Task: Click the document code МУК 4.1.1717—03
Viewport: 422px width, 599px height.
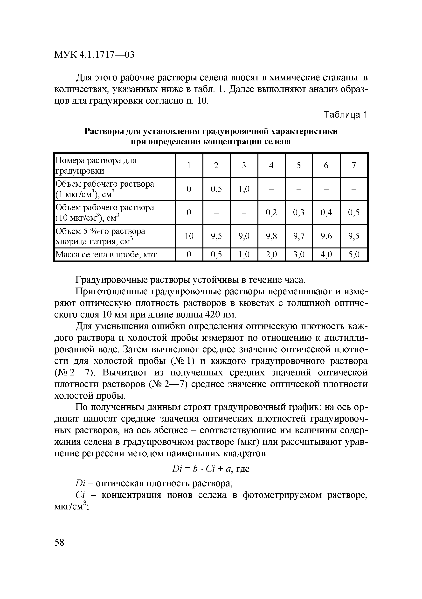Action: pyautogui.click(x=94, y=55)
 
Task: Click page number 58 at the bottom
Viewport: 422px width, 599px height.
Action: pyautogui.click(x=59, y=543)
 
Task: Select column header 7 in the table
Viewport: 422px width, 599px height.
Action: pyautogui.click(x=353, y=165)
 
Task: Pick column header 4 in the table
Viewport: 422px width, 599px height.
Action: pyautogui.click(x=271, y=165)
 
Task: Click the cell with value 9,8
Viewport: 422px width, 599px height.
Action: pyautogui.click(x=271, y=236)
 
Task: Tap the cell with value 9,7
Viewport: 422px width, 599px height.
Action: pyautogui.click(x=298, y=236)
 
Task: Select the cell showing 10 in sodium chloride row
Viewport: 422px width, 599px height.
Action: pyautogui.click(x=189, y=236)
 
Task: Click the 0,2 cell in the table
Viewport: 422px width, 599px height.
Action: pyautogui.click(x=271, y=213)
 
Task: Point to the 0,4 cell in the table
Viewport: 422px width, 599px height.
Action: pyautogui.click(x=326, y=213)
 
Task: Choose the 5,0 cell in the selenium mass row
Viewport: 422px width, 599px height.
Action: pyautogui.click(x=353, y=254)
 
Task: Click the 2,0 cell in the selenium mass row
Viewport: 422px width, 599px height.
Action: pyautogui.click(x=271, y=254)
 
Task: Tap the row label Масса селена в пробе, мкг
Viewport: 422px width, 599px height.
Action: pyautogui.click(x=106, y=254)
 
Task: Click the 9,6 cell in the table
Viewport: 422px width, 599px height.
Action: pyautogui.click(x=326, y=236)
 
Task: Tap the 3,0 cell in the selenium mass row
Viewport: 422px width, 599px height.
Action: pyautogui.click(x=298, y=254)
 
